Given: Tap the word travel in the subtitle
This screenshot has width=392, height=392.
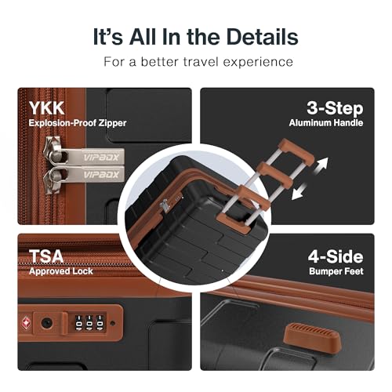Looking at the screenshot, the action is pos(201,62).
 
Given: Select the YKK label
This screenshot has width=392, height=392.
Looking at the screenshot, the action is pos(46,108).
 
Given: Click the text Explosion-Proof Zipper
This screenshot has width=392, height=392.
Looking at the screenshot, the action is pos(78,123).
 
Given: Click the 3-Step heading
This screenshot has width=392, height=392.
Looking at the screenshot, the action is pos(335,108).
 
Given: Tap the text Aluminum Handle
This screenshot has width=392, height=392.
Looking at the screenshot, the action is pos(326,123).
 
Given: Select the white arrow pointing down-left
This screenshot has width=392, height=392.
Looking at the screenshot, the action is pos(299,191).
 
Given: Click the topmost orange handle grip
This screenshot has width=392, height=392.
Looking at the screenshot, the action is pos(296,151).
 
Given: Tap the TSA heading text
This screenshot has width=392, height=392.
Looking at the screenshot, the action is pos(46,256).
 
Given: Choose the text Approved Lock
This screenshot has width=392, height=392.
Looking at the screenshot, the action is pos(61,271).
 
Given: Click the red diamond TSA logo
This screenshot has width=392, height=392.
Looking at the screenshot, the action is pos(26,323).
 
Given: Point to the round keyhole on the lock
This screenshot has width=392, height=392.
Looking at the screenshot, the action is pos(47,323).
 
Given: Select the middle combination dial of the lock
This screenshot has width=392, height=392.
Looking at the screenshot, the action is pos(89,322).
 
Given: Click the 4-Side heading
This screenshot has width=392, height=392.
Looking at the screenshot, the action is pos(336,256).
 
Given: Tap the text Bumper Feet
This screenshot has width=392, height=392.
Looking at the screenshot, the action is pos(336,271).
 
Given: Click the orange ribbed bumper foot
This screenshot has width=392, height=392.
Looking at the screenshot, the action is pos(312,337).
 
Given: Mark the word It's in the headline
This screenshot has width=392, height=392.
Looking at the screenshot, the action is pos(108,37).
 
